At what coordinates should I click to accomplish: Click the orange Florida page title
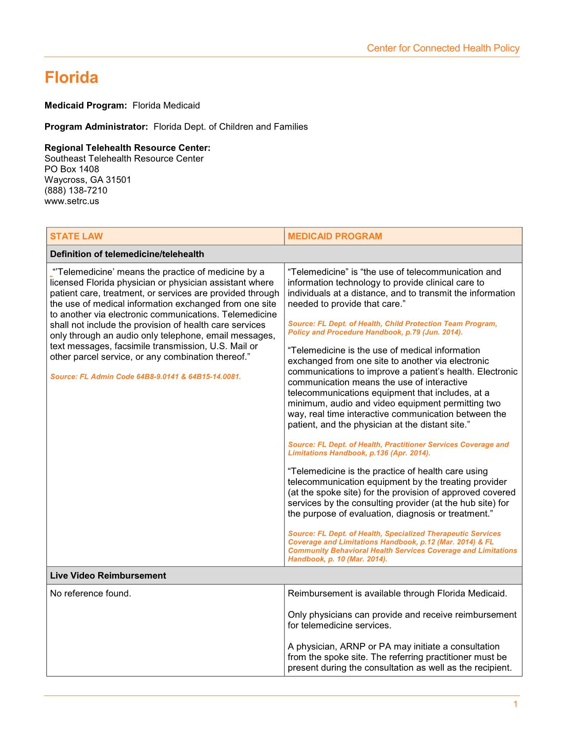point(71,78)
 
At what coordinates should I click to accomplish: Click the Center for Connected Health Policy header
point(443,48)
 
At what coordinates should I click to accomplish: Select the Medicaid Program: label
point(86,105)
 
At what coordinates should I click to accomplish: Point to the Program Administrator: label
point(96,127)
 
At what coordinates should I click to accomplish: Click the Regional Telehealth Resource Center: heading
point(127,148)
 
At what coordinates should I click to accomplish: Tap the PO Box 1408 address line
point(72,169)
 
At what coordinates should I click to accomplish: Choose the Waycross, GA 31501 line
point(88,180)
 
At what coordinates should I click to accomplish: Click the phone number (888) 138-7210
point(76,190)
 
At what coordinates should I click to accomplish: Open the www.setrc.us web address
point(72,201)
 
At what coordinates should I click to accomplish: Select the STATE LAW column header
point(76,236)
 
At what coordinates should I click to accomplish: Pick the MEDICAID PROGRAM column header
point(335,236)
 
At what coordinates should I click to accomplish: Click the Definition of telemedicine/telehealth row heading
point(127,254)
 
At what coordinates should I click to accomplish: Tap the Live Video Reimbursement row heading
point(108,576)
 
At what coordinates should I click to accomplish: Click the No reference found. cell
point(91,593)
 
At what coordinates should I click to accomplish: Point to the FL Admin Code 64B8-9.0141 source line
point(146,377)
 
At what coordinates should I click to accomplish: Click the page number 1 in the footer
point(515,705)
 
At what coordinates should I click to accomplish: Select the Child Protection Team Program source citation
point(392,328)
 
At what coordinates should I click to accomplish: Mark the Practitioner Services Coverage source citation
point(398,449)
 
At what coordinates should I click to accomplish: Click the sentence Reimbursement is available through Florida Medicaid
point(397,593)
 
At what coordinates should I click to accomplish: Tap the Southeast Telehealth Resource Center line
point(124,158)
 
